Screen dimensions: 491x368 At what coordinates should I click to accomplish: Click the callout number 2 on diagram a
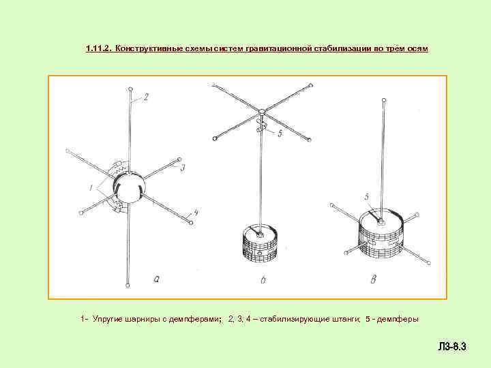click(x=146, y=97)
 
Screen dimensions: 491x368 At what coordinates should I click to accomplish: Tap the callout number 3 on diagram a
click(x=183, y=168)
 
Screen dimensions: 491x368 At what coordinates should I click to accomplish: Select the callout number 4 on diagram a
click(x=195, y=213)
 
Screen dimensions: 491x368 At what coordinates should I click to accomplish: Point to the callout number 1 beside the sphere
click(x=91, y=188)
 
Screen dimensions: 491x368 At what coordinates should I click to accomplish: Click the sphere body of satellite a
click(x=129, y=188)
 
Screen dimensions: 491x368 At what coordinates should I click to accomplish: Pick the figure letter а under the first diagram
click(x=157, y=279)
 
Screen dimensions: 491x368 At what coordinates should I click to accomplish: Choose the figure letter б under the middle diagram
click(x=263, y=279)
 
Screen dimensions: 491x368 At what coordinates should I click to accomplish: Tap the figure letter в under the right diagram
click(x=374, y=279)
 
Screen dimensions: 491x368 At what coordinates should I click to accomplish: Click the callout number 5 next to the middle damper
click(x=280, y=133)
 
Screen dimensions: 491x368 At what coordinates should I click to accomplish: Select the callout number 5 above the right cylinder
click(x=367, y=197)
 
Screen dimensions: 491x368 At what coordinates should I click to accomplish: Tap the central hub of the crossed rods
click(x=262, y=111)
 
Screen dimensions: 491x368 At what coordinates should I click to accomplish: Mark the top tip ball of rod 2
click(x=130, y=89)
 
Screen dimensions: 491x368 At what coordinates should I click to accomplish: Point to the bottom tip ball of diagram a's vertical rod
click(x=128, y=286)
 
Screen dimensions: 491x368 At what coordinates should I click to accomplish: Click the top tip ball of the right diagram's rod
click(x=384, y=100)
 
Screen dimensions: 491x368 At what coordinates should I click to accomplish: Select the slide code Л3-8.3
click(x=452, y=347)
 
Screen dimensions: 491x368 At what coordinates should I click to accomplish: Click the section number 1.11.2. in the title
click(x=99, y=48)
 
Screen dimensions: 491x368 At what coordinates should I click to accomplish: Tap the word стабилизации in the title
click(x=342, y=49)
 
